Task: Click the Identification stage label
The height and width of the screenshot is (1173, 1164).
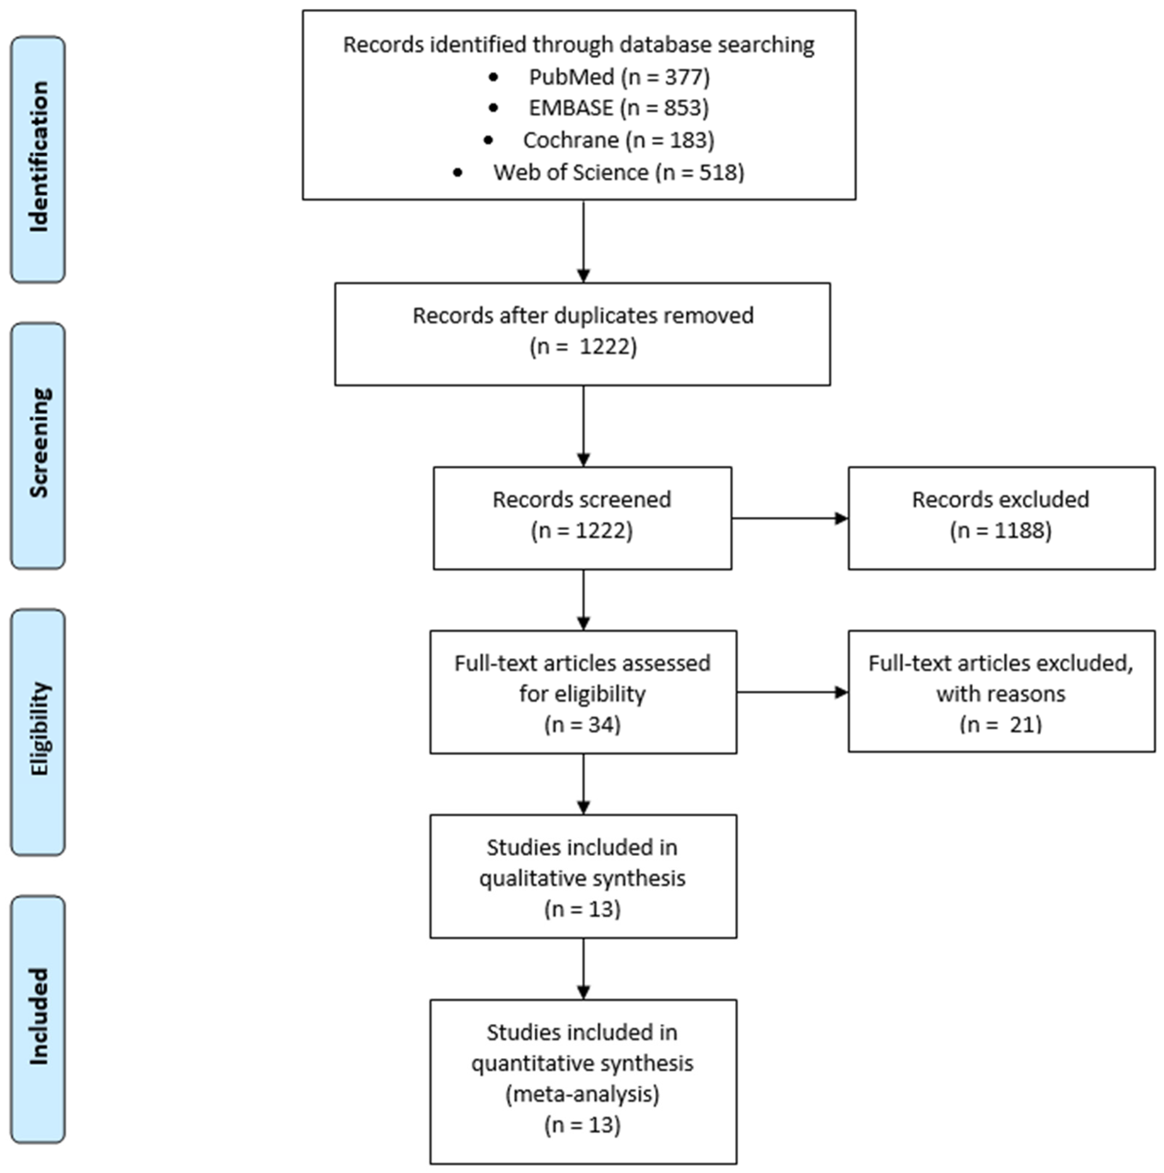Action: pos(38,159)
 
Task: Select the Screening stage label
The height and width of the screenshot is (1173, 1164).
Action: pos(38,446)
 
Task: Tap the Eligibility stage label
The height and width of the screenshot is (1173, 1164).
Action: pos(38,732)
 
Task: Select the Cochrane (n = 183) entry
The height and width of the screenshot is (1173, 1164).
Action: pos(618,140)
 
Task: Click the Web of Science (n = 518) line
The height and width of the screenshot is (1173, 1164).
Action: pos(618,173)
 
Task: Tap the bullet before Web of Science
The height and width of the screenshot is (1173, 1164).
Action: pos(458,173)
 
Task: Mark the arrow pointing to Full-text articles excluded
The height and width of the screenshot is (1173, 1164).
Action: pos(792,692)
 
